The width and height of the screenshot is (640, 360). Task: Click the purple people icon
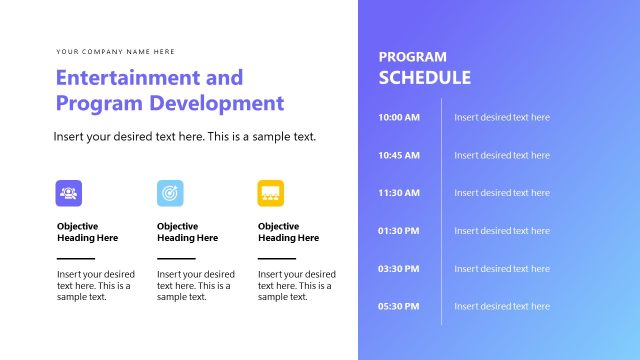69,193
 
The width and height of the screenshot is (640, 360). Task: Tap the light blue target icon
170,193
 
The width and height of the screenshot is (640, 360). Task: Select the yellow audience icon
271,193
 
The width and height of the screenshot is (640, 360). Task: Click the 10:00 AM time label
399,118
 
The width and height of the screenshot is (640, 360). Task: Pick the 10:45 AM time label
399,156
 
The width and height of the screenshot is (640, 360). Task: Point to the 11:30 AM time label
399,193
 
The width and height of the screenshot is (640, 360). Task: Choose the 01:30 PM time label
399,231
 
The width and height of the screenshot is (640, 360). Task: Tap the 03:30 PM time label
399,269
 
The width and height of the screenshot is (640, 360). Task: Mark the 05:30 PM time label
399,307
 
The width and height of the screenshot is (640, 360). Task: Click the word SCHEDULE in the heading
424,78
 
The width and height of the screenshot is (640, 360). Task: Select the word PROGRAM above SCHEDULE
412,57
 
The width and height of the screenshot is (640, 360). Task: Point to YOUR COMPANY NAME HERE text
115,51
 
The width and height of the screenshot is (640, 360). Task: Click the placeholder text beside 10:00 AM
502,118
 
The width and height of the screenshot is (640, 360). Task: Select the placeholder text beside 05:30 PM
502,307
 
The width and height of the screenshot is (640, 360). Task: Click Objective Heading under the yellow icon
288,232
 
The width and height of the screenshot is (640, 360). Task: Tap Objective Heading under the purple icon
87,232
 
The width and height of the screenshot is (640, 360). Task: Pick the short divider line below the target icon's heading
176,258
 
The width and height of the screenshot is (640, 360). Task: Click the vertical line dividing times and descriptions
441,211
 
